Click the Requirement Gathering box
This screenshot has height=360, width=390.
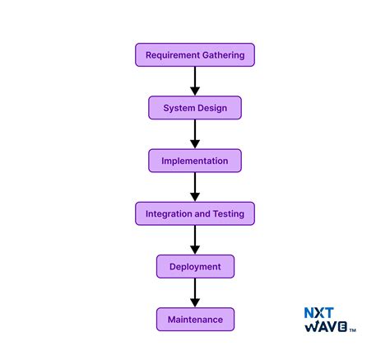coord(195,55)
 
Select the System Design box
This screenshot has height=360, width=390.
coord(195,108)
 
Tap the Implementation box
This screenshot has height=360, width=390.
coord(195,161)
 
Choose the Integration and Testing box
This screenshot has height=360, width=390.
coord(195,213)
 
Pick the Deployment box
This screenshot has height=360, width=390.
coord(195,266)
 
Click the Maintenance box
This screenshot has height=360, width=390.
coord(195,319)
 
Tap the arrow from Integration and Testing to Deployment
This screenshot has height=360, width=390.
coord(195,240)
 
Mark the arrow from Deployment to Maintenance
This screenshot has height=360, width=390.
coord(195,292)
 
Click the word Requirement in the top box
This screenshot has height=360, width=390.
coord(174,55)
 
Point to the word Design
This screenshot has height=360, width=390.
coord(211,108)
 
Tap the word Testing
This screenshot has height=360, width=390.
coord(229,213)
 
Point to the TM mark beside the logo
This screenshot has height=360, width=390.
coord(353,331)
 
